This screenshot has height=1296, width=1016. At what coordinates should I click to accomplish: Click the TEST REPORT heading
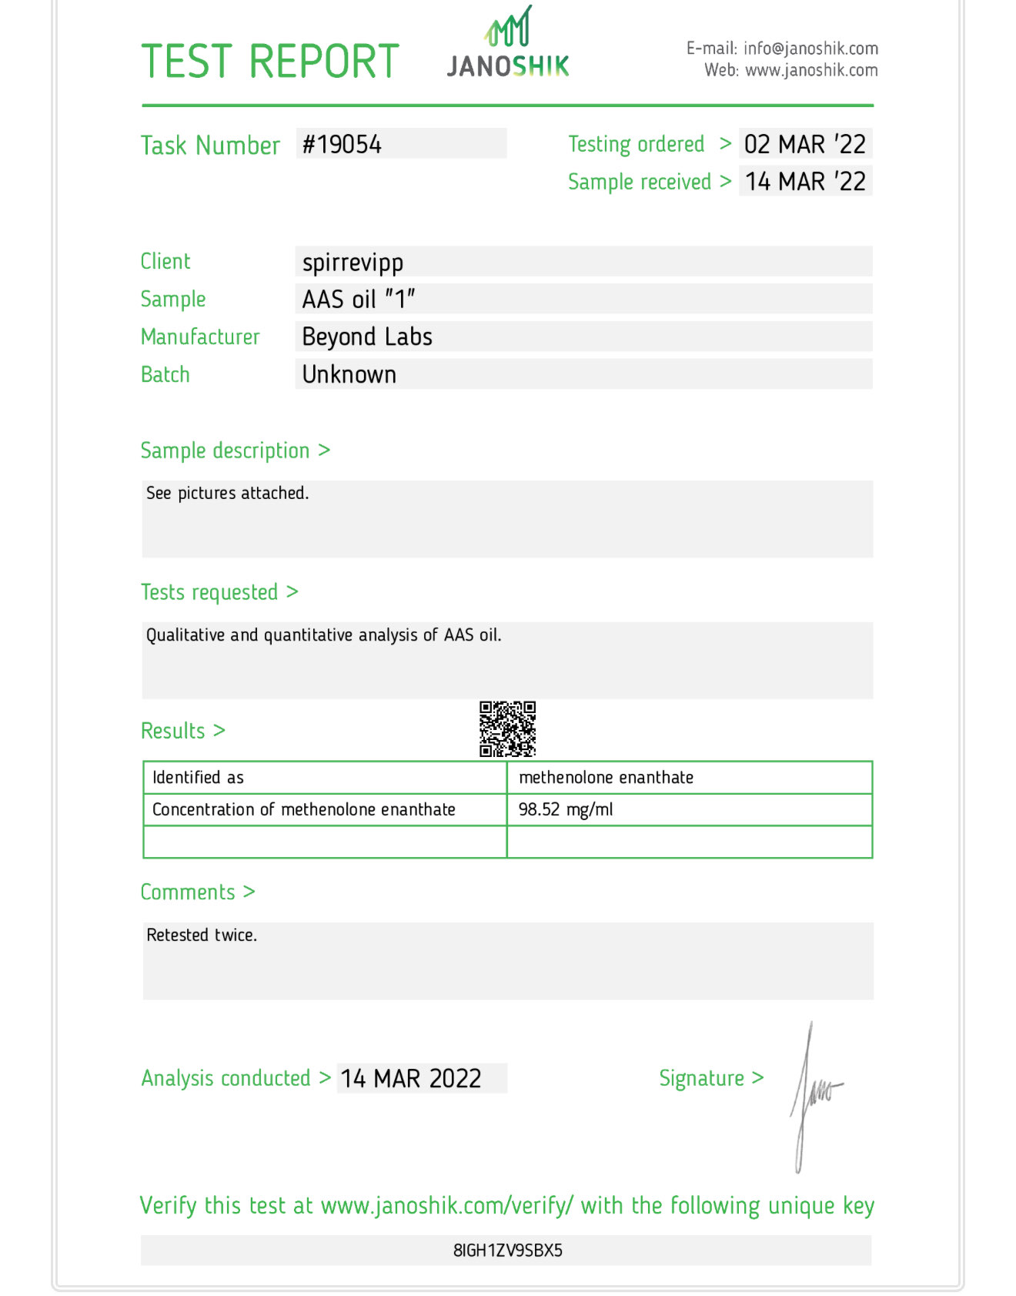click(270, 62)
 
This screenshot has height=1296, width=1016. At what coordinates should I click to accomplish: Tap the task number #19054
click(343, 144)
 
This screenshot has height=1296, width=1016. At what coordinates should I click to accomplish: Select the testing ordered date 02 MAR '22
click(804, 144)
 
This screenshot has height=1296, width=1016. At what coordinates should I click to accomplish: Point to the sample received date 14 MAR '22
click(804, 182)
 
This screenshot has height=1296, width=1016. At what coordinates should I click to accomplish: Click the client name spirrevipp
click(353, 263)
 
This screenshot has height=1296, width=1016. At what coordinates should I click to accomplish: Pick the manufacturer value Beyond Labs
click(367, 337)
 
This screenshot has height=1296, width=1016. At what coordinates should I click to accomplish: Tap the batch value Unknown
click(349, 374)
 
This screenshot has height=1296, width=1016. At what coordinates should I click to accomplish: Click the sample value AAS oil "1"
click(358, 299)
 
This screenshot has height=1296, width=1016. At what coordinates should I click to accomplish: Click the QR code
click(507, 728)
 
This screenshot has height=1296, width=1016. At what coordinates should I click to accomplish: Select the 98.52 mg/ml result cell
click(566, 809)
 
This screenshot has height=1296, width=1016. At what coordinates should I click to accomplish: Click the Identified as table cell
click(199, 778)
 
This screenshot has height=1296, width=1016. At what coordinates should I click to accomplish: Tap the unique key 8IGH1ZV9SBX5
click(508, 1250)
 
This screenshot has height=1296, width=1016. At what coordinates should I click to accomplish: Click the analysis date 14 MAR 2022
click(411, 1078)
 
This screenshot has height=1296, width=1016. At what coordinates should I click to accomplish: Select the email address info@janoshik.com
click(810, 49)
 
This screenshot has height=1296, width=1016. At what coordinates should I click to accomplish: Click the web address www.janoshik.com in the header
click(811, 70)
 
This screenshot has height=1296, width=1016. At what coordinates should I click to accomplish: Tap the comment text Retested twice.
click(202, 935)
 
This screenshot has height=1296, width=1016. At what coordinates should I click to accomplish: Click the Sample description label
click(225, 450)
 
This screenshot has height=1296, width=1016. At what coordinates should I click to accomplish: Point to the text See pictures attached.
click(227, 493)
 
